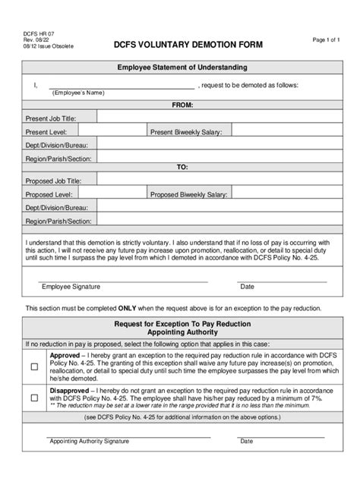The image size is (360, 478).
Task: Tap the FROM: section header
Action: pyautogui.click(x=182, y=104)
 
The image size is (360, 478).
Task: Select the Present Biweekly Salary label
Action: pyautogui.click(x=186, y=132)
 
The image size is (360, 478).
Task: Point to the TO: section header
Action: pyautogui.click(x=182, y=167)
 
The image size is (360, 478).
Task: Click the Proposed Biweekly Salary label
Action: pyautogui.click(x=188, y=195)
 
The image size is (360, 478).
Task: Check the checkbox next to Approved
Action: pyautogui.click(x=35, y=366)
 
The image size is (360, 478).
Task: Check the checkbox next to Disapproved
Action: pyautogui.click(x=35, y=397)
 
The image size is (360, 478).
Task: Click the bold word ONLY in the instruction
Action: pyautogui.click(x=128, y=309)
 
